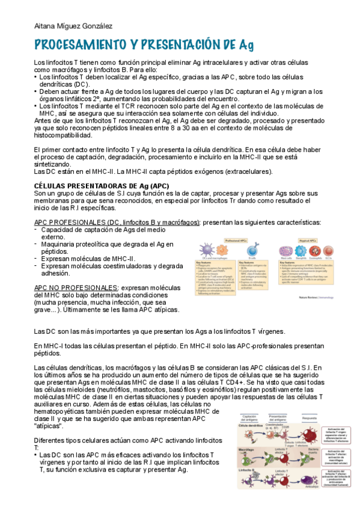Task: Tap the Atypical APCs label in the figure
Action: [x=308, y=240]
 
